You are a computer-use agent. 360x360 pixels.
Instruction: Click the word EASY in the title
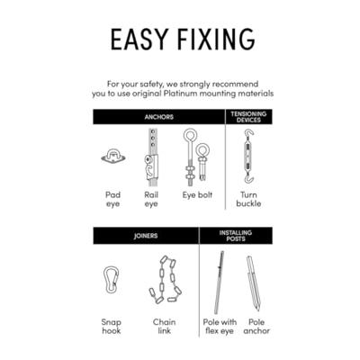point(139,40)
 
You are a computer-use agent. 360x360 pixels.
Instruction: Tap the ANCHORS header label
point(158,117)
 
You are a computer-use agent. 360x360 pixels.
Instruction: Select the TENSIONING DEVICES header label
point(248,117)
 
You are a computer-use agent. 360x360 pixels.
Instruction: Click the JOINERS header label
point(146,236)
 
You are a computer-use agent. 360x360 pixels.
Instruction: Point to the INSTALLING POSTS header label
point(236,236)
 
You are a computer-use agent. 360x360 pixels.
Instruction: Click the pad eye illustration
point(112,157)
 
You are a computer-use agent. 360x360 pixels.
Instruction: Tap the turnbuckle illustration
point(248,156)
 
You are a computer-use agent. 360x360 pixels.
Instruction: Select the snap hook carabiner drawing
point(111,280)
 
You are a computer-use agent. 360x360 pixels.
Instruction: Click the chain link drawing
point(165,279)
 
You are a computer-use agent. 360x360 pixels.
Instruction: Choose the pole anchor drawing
point(253,283)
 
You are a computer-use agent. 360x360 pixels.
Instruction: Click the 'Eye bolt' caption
point(197,195)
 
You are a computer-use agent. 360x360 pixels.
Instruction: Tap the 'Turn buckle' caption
point(248,199)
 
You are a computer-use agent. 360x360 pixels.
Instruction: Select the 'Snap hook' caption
point(112,327)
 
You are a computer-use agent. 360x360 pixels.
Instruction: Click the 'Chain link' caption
point(164,327)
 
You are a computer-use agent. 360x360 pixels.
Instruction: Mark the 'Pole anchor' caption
point(256,327)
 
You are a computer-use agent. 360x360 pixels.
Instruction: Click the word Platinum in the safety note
point(181,94)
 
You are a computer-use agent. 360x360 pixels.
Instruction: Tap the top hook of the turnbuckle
point(248,132)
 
